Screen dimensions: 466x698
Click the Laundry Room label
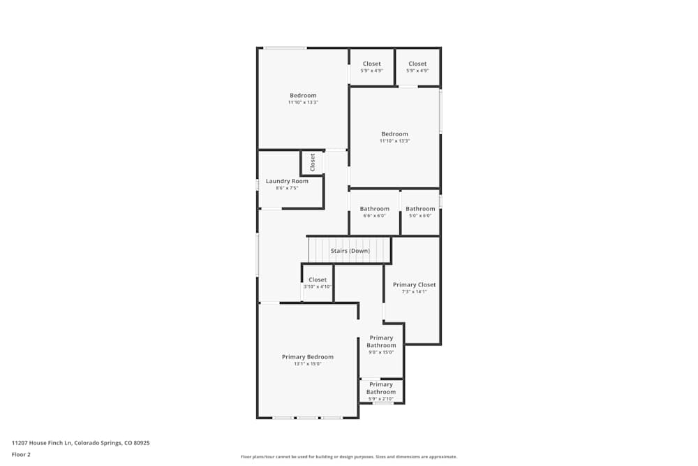click(x=287, y=181)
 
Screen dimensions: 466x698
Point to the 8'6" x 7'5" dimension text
click(x=287, y=188)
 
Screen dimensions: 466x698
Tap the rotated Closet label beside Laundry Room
click(x=313, y=163)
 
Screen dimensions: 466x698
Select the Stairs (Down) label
click(x=350, y=251)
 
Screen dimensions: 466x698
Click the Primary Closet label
click(x=414, y=284)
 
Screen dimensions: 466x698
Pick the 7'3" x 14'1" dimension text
click(x=414, y=291)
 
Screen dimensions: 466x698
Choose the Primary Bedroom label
click(x=308, y=357)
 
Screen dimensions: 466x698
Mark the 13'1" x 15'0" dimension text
click(x=308, y=364)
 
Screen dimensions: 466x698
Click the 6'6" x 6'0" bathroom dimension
click(x=374, y=216)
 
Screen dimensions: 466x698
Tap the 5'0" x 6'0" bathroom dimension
click(x=420, y=216)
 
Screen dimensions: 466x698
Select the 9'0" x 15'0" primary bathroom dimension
click(x=381, y=352)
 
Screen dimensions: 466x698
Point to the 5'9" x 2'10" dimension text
click(x=381, y=399)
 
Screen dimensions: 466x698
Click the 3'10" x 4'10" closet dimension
click(x=318, y=287)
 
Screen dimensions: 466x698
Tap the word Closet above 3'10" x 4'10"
click(x=318, y=279)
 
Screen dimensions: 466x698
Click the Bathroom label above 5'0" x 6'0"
click(x=420, y=209)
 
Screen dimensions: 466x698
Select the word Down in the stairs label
click(x=360, y=251)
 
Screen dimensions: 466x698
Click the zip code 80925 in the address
click(x=142, y=443)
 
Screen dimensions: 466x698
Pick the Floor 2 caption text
click(x=21, y=454)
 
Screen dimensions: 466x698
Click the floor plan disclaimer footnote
click(x=349, y=457)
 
